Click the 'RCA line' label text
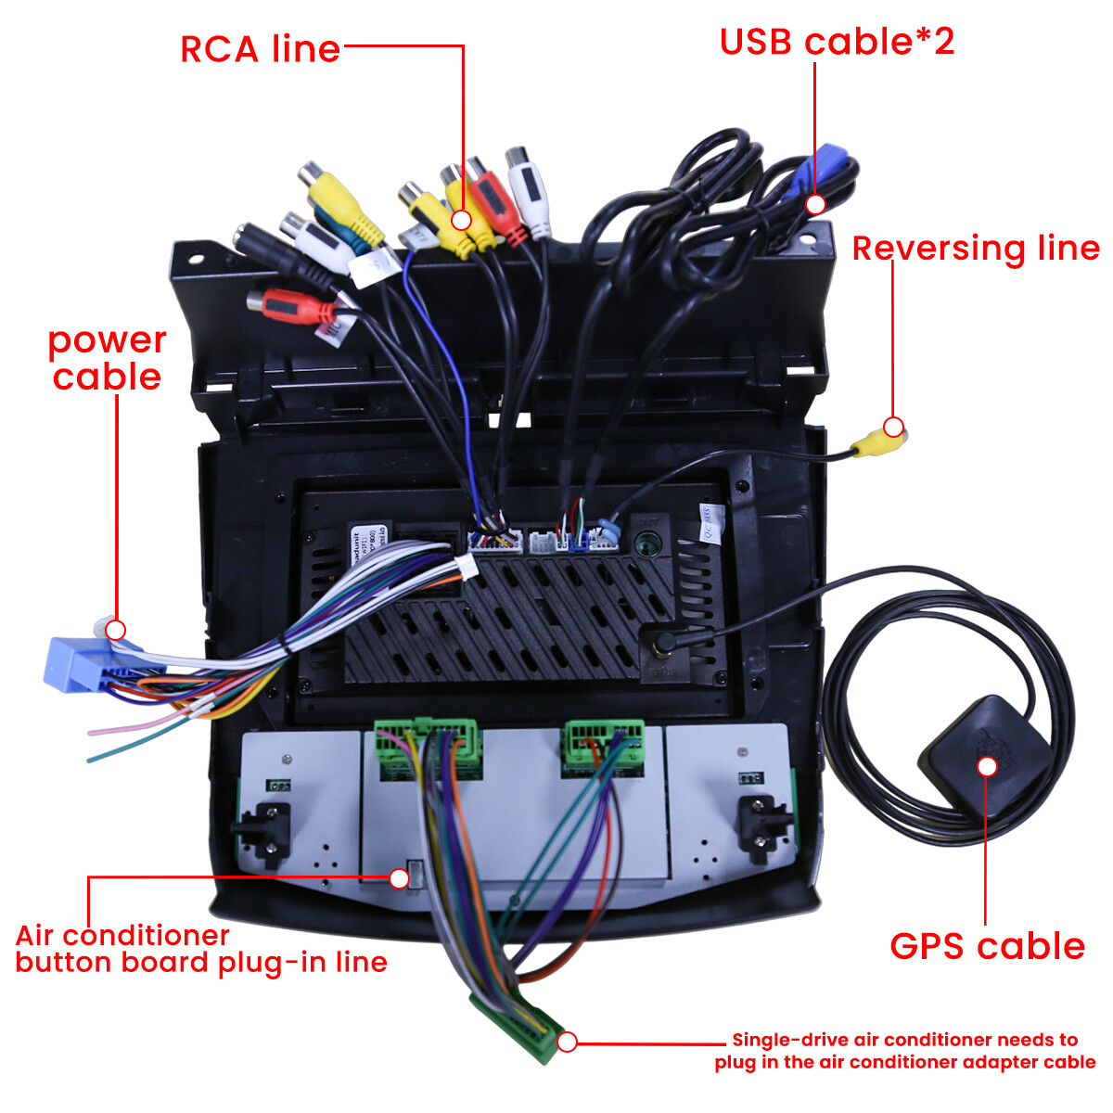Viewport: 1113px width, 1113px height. tap(261, 49)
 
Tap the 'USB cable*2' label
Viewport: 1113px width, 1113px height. tap(837, 42)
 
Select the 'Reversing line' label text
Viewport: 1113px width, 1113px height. tap(976, 249)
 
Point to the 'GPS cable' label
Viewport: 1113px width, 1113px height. tap(987, 946)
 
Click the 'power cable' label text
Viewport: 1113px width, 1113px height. tap(107, 359)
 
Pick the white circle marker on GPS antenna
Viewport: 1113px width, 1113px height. tap(988, 766)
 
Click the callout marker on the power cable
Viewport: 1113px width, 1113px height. tap(116, 630)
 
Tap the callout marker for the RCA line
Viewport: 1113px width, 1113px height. tap(461, 220)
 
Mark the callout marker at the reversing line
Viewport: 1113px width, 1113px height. tap(893, 427)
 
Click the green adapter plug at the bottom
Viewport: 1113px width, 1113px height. tap(515, 1026)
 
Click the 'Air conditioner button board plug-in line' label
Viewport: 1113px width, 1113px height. tap(201, 949)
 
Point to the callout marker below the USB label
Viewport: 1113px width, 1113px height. tap(815, 204)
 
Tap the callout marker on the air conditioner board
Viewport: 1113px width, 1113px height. tap(399, 878)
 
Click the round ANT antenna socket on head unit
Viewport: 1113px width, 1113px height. tap(646, 544)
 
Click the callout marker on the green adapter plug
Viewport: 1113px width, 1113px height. tap(568, 1042)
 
